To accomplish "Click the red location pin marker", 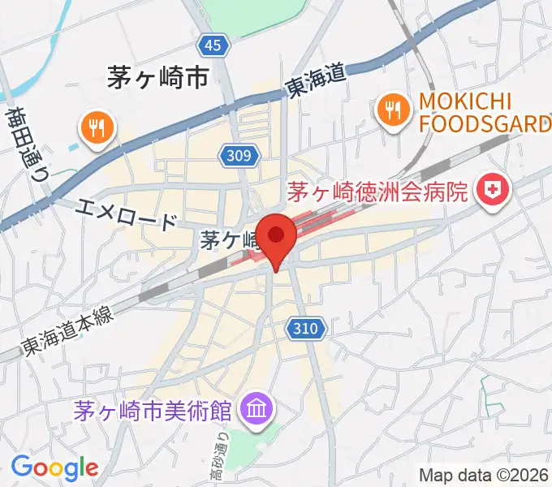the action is tap(278, 237).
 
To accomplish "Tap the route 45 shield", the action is tap(212, 46).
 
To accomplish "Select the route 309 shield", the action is tap(240, 154).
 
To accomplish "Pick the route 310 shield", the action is tap(308, 329).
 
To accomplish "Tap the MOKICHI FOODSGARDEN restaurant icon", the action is tap(393, 111).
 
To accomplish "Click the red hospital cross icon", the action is tap(492, 192).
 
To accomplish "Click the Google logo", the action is tap(54, 468).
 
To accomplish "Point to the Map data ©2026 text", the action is tap(483, 474).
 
